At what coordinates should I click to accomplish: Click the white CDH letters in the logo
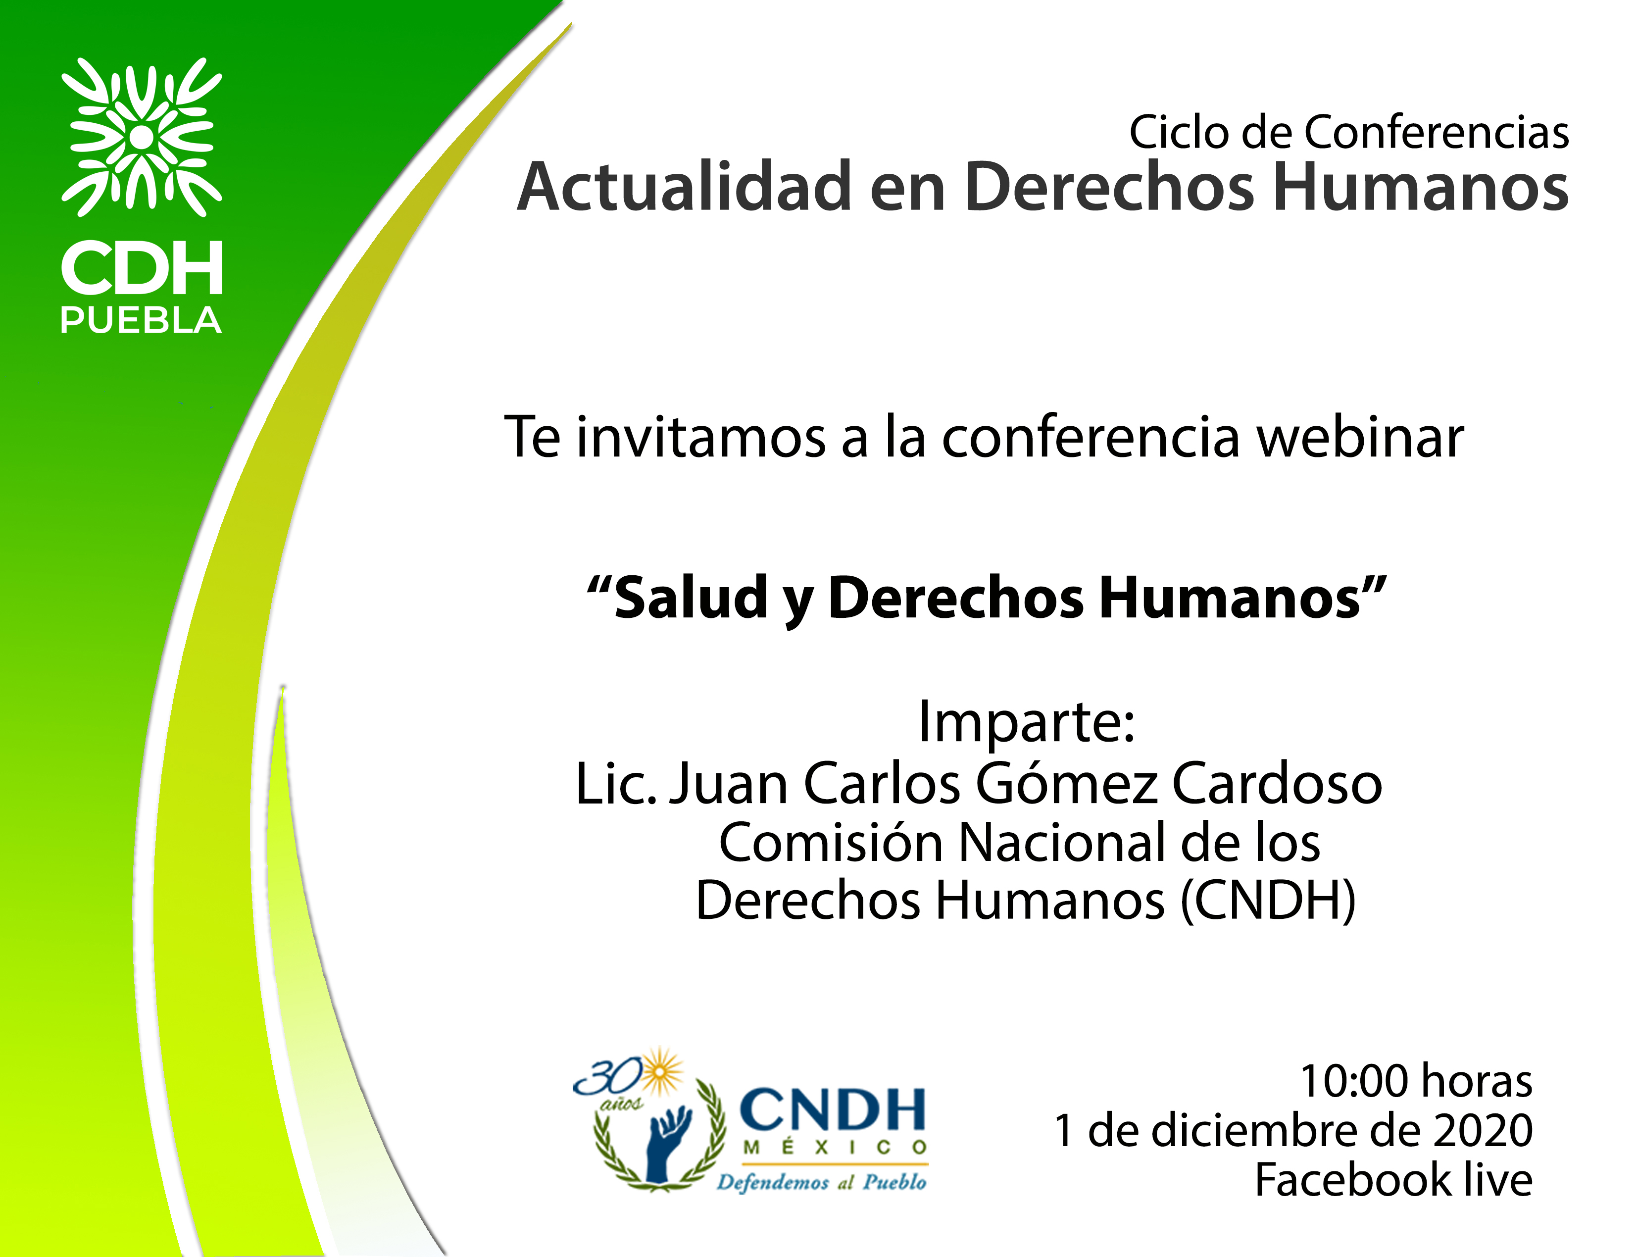[142, 268]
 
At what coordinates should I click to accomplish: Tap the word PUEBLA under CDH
[141, 320]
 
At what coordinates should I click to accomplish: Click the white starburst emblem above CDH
[142, 137]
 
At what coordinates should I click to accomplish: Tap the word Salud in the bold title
[691, 599]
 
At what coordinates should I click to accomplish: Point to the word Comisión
[831, 843]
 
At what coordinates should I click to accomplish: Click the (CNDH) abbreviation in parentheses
[1267, 901]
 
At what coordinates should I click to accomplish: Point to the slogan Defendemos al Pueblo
[822, 1182]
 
